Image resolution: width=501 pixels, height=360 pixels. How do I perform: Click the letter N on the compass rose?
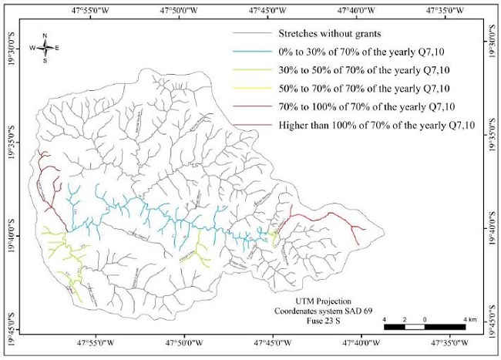(45, 35)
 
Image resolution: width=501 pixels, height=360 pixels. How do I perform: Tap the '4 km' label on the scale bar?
(469, 319)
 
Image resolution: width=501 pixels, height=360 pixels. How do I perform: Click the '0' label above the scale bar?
(425, 319)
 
